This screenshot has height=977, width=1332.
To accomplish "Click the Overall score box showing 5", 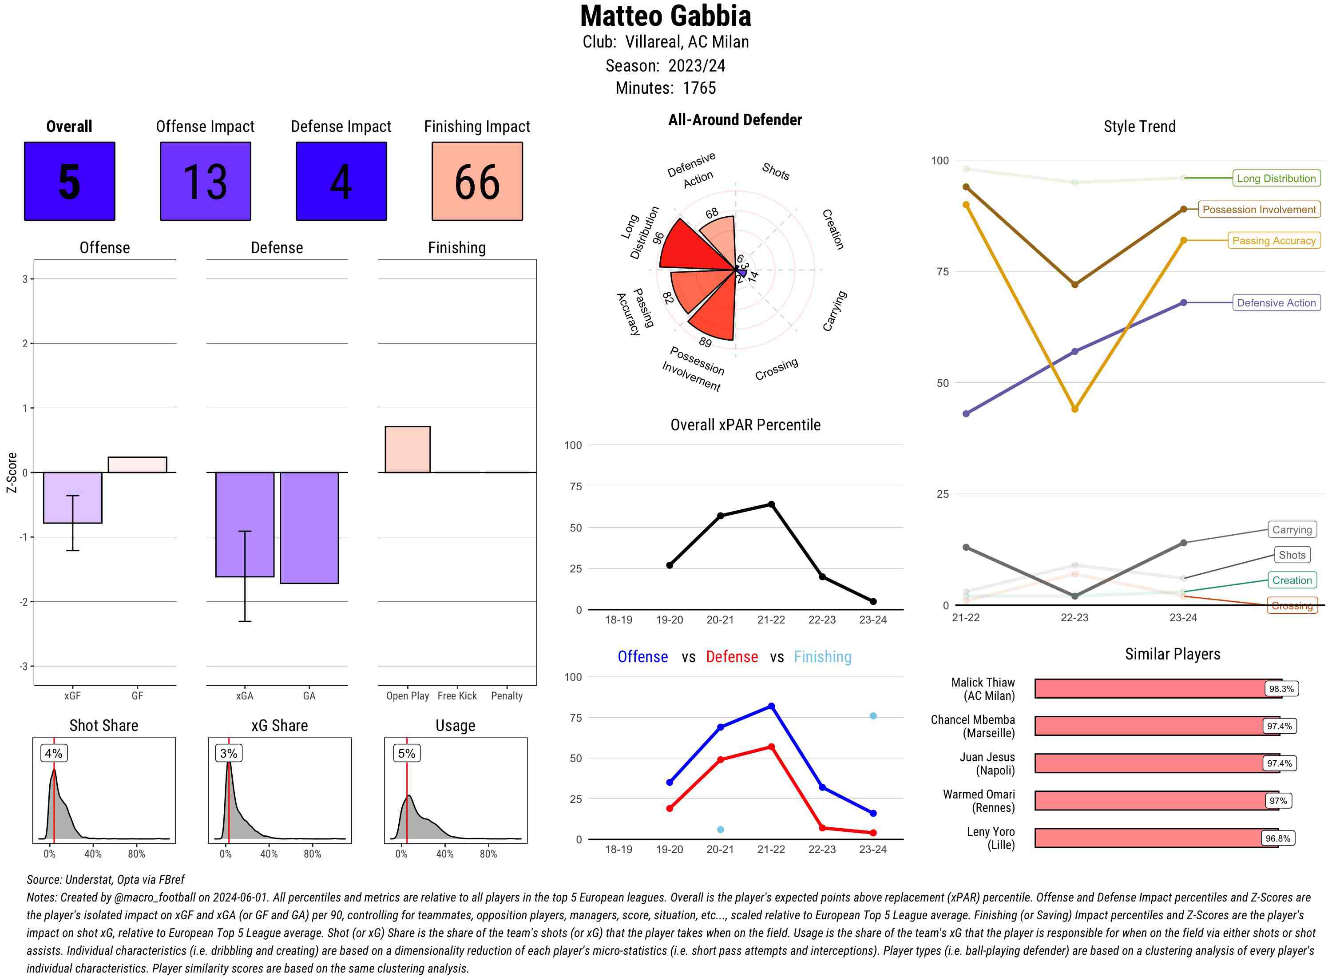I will [x=69, y=181].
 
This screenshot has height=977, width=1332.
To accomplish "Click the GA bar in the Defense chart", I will [x=309, y=528].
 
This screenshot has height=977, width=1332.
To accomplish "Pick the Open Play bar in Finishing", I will [x=407, y=449].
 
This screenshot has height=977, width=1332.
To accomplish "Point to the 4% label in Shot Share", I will [x=53, y=753].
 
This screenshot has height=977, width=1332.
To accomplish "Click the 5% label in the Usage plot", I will [x=406, y=753].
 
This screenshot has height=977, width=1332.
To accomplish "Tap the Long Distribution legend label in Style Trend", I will [x=1276, y=178].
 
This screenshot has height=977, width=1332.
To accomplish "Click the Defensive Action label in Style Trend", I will [x=1276, y=303].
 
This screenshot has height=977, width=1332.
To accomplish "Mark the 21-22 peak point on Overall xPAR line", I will [x=771, y=504].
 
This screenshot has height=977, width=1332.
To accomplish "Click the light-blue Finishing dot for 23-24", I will [x=872, y=715].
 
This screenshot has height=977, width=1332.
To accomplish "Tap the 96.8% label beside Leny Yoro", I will [x=1277, y=838].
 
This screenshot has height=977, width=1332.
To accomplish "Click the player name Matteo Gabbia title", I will [x=665, y=16].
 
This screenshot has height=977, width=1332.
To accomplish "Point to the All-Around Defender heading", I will [x=735, y=120].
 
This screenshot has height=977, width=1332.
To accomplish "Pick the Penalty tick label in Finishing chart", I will [x=507, y=696].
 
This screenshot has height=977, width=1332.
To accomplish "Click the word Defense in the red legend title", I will [x=731, y=656].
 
